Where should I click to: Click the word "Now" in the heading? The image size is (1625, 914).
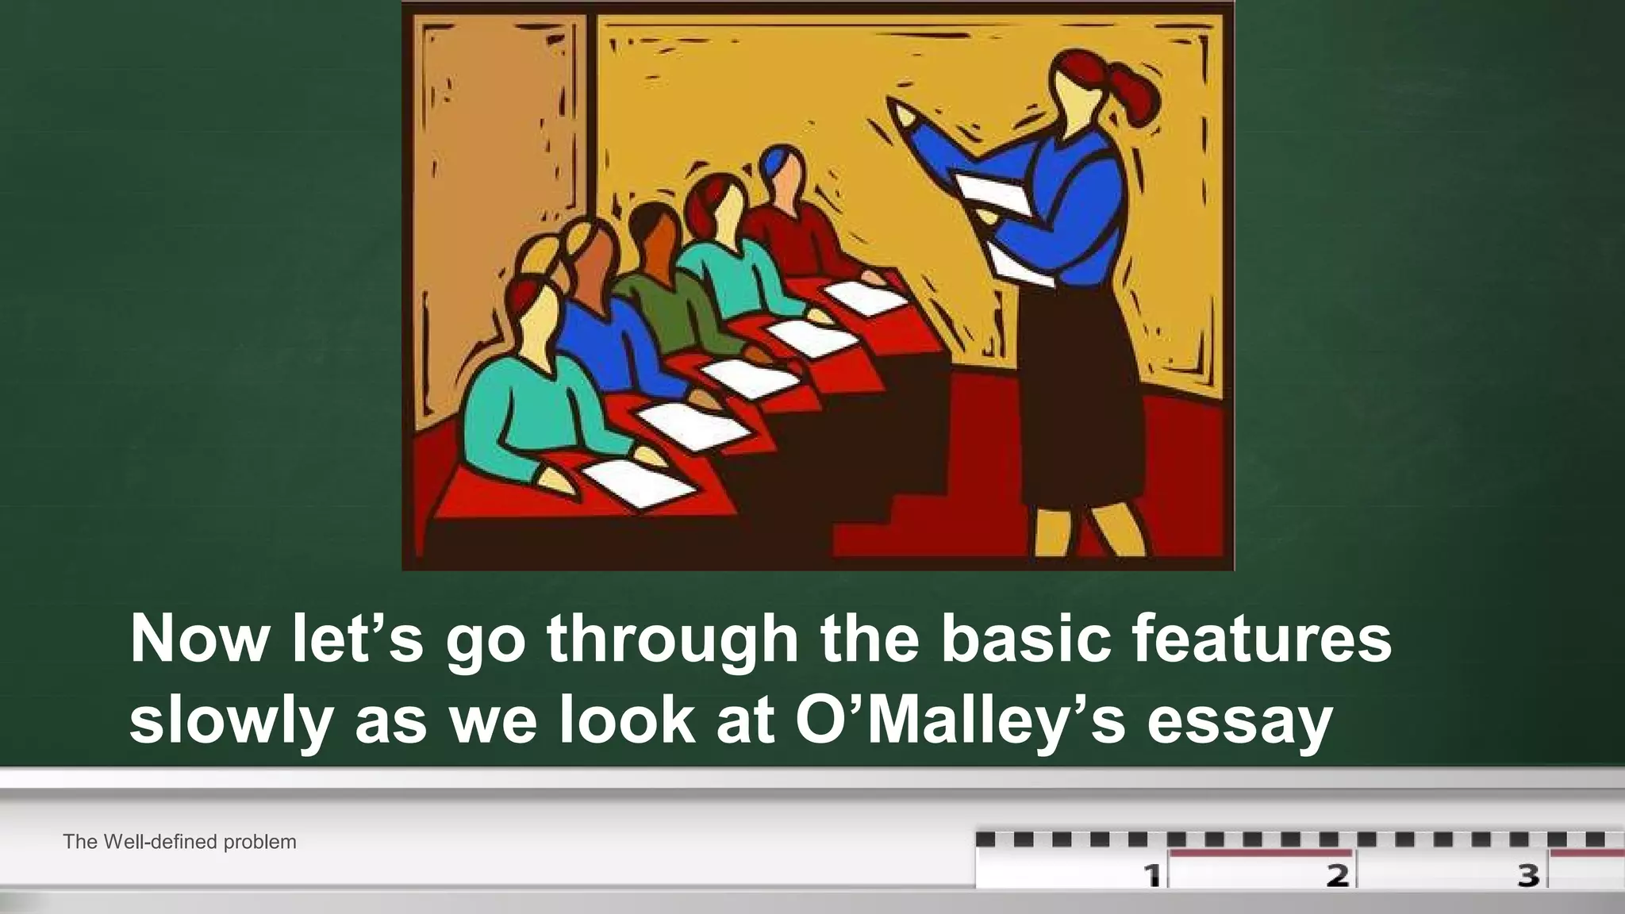[x=199, y=639]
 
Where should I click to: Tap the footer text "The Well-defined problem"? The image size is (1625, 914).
[x=179, y=842]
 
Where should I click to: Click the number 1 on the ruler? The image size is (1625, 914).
[x=1152, y=875]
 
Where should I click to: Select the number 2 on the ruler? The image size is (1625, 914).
[x=1338, y=875]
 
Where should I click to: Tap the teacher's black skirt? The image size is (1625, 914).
[x=1079, y=389]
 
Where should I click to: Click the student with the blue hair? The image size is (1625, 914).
[x=782, y=175]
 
